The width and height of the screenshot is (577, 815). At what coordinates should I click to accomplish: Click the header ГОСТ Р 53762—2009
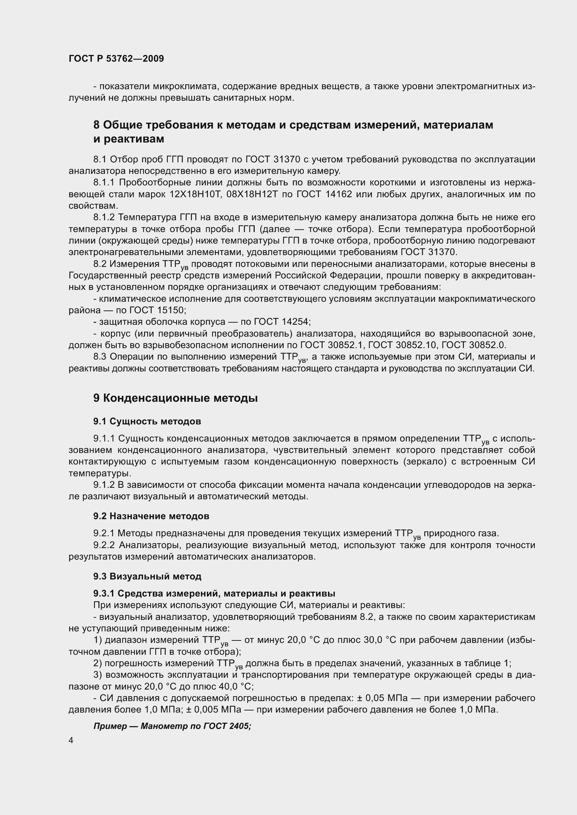(x=116, y=59)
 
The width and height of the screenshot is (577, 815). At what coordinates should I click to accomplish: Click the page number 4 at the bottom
(x=71, y=740)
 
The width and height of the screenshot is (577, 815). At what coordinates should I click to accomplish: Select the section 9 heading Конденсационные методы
(x=175, y=398)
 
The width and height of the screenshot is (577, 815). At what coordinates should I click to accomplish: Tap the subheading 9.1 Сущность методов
(x=147, y=421)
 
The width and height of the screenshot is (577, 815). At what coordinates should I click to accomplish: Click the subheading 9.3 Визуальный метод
(x=147, y=576)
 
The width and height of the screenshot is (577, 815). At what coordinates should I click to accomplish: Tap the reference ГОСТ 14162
(x=324, y=194)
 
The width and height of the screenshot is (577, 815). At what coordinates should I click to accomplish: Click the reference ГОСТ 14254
(x=283, y=322)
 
